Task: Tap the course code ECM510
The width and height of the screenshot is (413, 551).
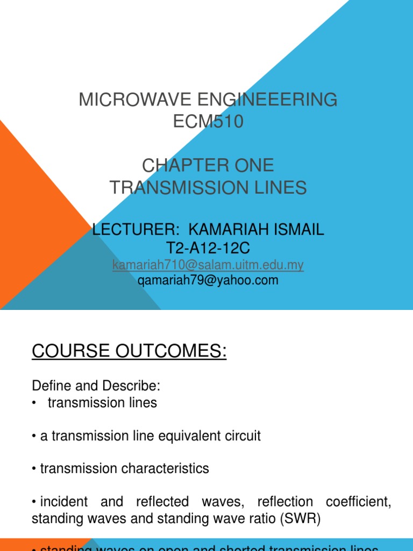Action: coord(208,122)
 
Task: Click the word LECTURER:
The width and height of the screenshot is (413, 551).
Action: coord(136,230)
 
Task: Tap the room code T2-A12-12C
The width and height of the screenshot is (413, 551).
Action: coord(209,248)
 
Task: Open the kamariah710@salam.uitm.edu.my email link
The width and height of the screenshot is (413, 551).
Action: coord(208,265)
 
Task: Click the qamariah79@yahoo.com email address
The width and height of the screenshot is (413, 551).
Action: coord(208,280)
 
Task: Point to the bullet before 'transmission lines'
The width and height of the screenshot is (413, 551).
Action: coord(35,403)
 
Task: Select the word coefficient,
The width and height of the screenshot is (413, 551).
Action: coord(358,501)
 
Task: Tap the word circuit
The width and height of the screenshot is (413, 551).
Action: coord(242,436)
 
